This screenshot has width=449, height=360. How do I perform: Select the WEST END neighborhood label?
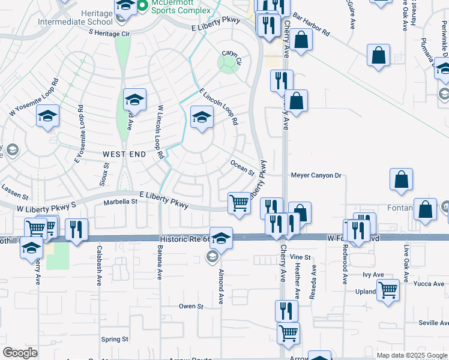[124, 154]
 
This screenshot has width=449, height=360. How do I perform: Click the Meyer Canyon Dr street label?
[316, 176]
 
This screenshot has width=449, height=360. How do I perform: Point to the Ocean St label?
[243, 167]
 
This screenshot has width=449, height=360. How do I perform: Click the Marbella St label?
[121, 202]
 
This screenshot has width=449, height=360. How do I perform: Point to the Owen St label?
[191, 306]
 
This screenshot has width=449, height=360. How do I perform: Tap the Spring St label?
[115, 339]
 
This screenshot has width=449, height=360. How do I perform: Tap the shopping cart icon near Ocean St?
[240, 203]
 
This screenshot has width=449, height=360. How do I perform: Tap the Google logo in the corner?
[20, 353]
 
